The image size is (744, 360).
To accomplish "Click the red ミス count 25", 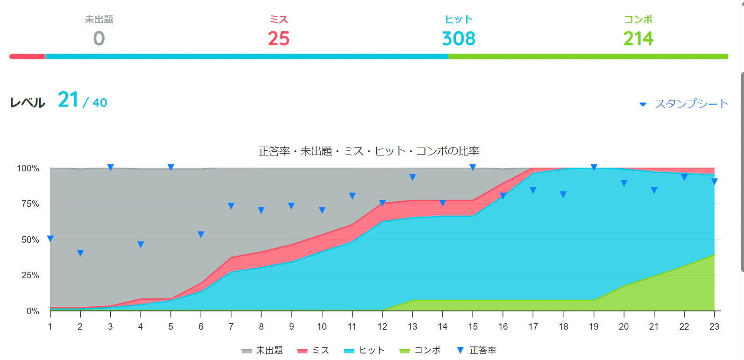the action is [x=279, y=39].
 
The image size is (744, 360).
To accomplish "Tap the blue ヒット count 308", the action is [x=459, y=39].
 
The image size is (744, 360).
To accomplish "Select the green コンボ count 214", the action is [x=638, y=39].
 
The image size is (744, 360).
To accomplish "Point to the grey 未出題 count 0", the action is [x=99, y=39].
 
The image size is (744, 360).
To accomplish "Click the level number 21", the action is [x=68, y=99].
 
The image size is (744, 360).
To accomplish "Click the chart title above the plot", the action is [x=368, y=151].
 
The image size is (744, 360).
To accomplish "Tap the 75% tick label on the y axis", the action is [x=30, y=204].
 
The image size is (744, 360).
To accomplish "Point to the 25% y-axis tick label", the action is [x=30, y=275].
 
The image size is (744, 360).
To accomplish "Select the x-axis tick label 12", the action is [x=383, y=327].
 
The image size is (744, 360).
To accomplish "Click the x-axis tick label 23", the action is [x=715, y=327].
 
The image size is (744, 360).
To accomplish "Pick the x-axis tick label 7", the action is [x=231, y=327].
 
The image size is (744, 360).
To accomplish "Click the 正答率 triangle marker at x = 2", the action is [x=80, y=253].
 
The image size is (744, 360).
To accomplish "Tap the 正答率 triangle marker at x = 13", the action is [x=412, y=177].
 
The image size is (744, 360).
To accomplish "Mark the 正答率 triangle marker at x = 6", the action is [x=201, y=234].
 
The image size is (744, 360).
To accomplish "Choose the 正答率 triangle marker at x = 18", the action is [x=563, y=194].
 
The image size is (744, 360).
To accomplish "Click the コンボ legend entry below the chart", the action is [x=420, y=350].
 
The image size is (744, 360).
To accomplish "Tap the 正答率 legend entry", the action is [x=477, y=350].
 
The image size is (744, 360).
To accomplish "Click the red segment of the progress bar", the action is [x=28, y=56].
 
